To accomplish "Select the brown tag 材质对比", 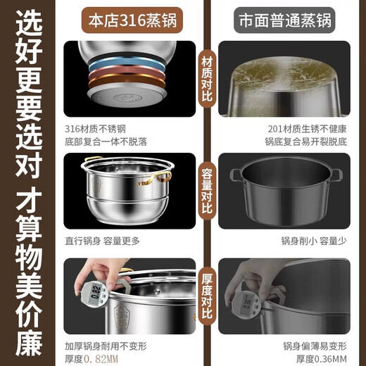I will (x=206, y=80).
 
